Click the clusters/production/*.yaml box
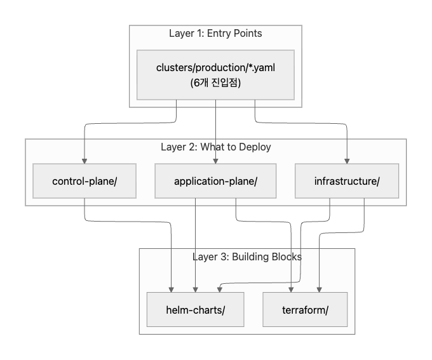click(215, 74)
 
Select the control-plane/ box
click(84, 181)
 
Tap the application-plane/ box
click(215, 181)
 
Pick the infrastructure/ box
click(347, 181)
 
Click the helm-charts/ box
click(196, 309)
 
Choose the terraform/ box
click(306, 309)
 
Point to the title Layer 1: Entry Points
click(215, 33)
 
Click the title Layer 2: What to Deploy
click(215, 147)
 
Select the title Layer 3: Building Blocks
click(246, 257)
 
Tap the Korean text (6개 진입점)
click(215, 82)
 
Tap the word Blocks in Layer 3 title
click(287, 257)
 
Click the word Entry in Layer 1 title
click(218, 33)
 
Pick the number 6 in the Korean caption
click(195, 82)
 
